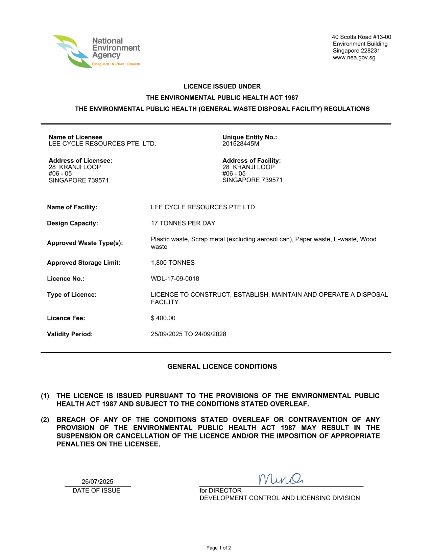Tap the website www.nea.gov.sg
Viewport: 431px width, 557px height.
click(354, 57)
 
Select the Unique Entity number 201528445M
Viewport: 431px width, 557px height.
click(241, 143)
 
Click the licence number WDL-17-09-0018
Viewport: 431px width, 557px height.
click(175, 278)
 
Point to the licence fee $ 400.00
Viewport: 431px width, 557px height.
click(163, 318)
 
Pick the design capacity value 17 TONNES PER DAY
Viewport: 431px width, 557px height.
click(183, 223)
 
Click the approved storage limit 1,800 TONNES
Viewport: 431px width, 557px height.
click(172, 263)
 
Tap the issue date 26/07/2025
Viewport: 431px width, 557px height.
click(97, 481)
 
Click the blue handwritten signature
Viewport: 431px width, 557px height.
click(281, 479)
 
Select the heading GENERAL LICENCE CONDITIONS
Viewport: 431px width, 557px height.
click(222, 367)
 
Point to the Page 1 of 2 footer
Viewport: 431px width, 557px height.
click(219, 548)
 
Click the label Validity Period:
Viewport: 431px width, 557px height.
click(70, 334)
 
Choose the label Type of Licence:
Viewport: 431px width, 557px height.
click(72, 295)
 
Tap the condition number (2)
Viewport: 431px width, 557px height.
click(45, 420)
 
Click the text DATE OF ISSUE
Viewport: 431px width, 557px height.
click(96, 490)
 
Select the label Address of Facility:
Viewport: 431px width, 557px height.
click(252, 161)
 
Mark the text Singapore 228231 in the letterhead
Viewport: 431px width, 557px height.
click(356, 51)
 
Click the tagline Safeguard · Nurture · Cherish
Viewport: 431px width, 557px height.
click(116, 64)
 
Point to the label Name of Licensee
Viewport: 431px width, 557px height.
click(75, 137)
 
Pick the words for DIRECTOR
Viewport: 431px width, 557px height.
click(220, 490)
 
